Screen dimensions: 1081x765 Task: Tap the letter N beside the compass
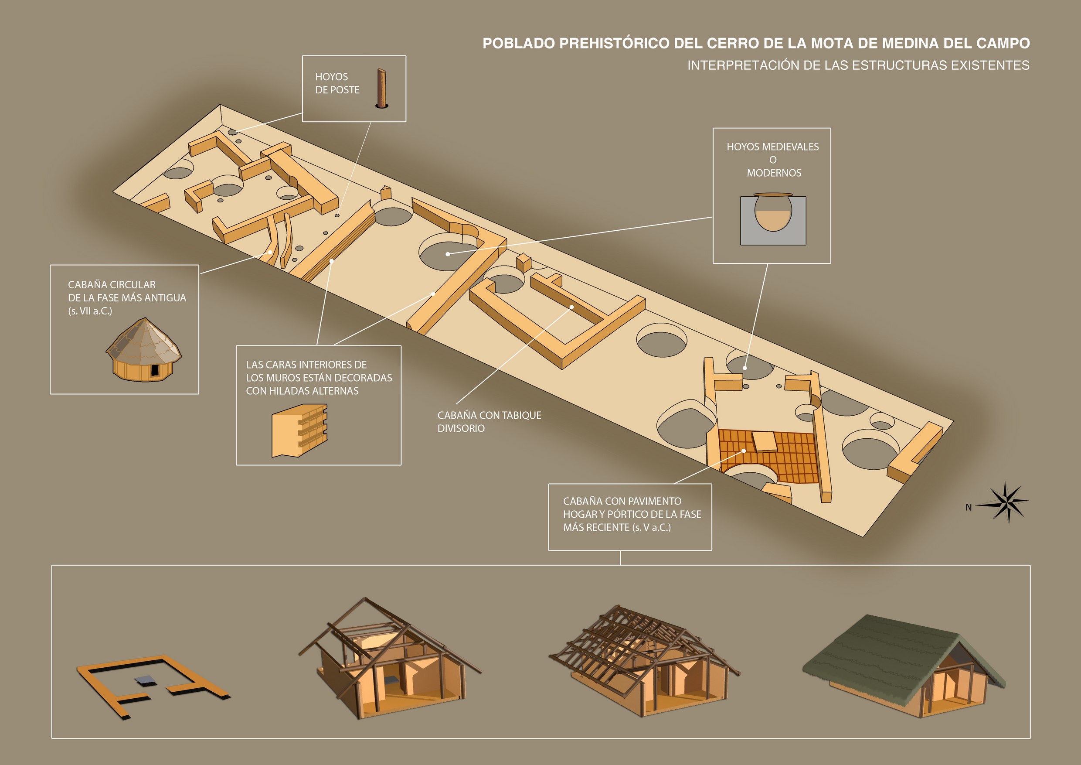(969, 507)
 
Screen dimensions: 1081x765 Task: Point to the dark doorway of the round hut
(154, 371)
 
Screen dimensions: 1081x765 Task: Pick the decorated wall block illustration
(299, 431)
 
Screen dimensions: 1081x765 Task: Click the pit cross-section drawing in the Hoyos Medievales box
(773, 219)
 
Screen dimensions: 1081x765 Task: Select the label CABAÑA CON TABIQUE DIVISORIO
(489, 422)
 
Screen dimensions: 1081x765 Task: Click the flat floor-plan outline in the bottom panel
(153, 686)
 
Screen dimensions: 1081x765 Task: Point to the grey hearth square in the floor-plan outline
(146, 680)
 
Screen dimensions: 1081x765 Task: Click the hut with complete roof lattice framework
(644, 663)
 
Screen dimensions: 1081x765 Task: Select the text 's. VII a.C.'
(90, 311)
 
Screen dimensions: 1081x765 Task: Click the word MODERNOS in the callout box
(774, 173)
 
